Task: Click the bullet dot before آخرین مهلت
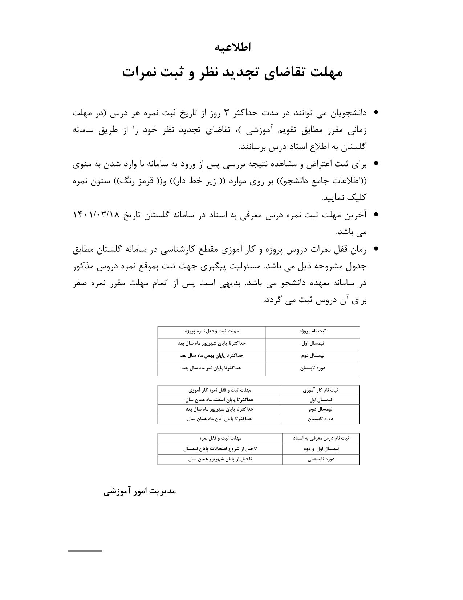pos(376,215)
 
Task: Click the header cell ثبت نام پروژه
pos(312,331)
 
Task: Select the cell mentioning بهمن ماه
pos(211,356)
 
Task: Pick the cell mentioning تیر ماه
pos(211,368)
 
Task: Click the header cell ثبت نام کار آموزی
pos(320,390)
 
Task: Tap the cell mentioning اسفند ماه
pos(219,400)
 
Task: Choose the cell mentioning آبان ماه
pos(219,419)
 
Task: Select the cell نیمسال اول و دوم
pos(321,449)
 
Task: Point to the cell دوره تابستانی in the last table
pos(321,459)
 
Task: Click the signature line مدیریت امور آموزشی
pos(140,491)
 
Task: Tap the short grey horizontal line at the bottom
pos(85,551)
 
